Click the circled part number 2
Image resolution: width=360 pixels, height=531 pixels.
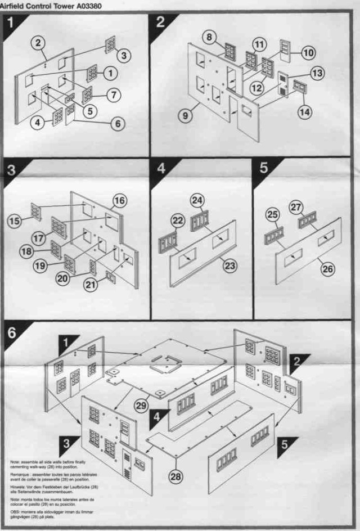tap(38, 43)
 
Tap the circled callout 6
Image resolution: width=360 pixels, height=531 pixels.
tap(117, 121)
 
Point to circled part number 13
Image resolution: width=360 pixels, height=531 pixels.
tap(318, 73)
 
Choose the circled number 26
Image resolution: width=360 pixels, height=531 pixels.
tap(328, 269)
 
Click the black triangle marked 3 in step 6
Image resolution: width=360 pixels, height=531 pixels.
tap(67, 442)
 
